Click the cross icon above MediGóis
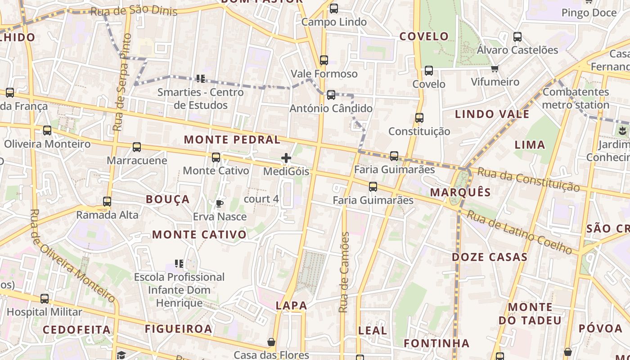pos(286,158)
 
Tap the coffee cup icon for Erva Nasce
pos(220,203)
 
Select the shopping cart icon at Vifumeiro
pos(495,69)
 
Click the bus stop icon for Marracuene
pos(137,147)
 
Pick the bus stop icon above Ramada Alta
pos(107,202)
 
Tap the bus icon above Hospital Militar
pos(45,299)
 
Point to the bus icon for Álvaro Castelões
pos(517,37)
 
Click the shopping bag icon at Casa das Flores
pos(271,342)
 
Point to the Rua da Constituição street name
pos(528,179)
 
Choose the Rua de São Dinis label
pos(134,11)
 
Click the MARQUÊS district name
pos(460,193)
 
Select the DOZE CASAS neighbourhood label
pos(490,257)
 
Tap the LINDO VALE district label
pos(492,114)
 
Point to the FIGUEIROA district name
pos(178,329)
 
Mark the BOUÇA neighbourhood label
pos(168,199)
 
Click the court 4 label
pos(261,199)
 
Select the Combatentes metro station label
pos(576,99)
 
